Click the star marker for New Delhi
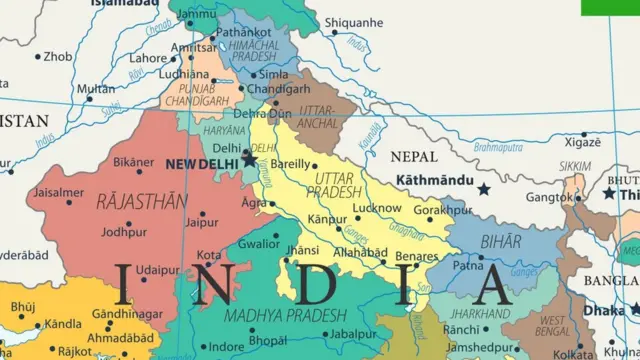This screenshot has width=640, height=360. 249,159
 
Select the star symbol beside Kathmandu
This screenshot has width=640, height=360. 484,188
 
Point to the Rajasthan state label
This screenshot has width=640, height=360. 141,201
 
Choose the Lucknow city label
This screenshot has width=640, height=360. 377,208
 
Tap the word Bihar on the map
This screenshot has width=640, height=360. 500,241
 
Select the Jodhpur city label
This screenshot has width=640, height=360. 123,232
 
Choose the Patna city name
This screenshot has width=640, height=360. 468,267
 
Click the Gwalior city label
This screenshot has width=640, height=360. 258,244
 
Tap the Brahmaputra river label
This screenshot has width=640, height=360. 498,148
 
